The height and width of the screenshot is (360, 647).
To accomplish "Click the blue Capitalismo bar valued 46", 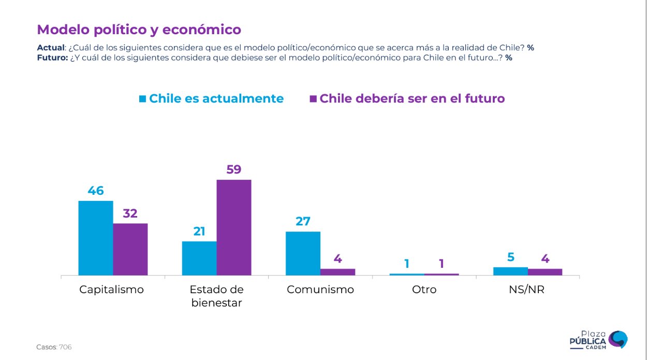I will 96,238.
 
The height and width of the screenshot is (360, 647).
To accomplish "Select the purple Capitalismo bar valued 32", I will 130,249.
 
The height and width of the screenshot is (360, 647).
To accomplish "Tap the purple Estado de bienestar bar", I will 234,227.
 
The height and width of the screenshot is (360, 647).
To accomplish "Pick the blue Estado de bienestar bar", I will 199,258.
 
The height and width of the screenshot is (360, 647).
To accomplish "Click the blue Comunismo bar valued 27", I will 303,253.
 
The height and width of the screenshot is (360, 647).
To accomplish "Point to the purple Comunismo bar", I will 337,272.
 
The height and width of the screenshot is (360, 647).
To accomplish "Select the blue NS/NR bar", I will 510,271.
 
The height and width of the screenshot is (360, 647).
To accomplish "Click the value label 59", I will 234,169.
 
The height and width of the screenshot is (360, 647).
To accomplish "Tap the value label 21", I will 199,231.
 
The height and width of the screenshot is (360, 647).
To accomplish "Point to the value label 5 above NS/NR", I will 510,257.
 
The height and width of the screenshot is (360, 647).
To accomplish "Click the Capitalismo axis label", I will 111,290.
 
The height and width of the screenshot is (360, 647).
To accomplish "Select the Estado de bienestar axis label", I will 216,296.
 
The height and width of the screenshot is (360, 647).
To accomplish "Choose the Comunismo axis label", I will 320,290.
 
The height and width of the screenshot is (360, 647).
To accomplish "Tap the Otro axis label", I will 424,290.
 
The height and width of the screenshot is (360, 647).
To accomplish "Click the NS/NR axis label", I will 527,290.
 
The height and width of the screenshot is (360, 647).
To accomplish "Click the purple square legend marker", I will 313,98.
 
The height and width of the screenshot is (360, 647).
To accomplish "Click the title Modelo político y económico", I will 139,30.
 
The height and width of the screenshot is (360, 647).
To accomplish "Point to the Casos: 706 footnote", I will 54,347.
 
